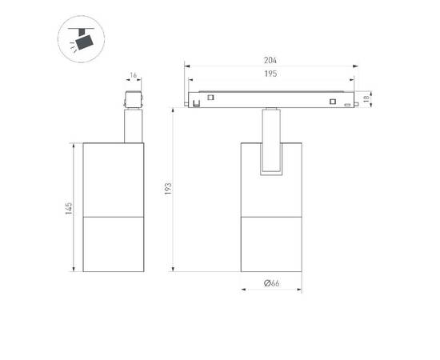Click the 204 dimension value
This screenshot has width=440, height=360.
coord(270,60)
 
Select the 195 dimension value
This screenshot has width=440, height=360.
coord(270,74)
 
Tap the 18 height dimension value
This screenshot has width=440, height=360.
coord(366,98)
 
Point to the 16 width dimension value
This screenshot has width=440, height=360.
coord(134,75)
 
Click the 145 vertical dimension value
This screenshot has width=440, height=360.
coord(69,209)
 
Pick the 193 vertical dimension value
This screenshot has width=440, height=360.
coord(168,189)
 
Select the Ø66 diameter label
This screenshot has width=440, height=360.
coord(272,283)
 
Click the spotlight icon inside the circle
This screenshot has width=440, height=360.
coord(81,38)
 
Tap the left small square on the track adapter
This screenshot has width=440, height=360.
coord(210,98)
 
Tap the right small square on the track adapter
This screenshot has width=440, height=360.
coord(333,102)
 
